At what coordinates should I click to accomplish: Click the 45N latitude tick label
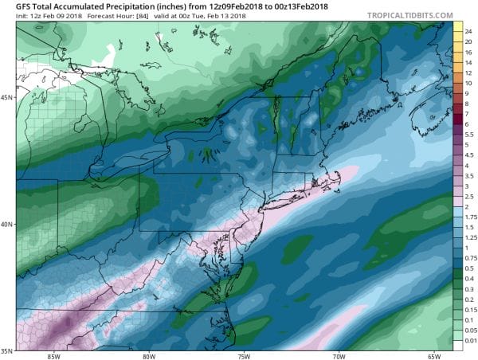7,98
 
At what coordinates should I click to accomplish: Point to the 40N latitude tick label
7,224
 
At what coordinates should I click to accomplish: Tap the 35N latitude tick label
7,350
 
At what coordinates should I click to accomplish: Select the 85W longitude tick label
55,355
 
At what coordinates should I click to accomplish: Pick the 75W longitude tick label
245,355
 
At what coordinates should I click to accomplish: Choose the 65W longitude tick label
434,355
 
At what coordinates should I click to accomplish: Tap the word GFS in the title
13,6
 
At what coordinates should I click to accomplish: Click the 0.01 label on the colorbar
470,341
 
